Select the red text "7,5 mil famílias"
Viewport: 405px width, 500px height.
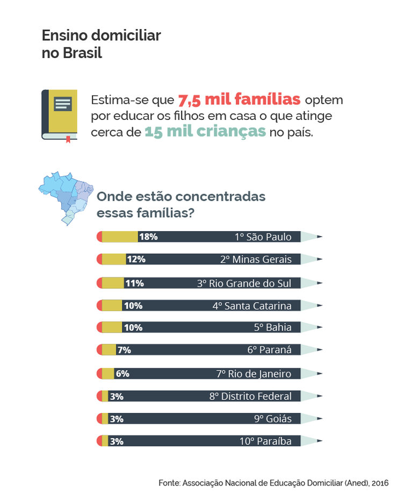click(x=239, y=99)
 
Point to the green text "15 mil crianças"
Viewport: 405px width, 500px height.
click(x=205, y=132)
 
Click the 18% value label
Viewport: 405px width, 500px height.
click(x=148, y=237)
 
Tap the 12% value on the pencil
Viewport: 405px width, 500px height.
click(x=136, y=259)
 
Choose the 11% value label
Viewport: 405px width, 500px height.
click(x=134, y=283)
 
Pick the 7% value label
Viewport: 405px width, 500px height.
click(x=124, y=350)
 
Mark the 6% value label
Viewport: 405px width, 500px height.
click(x=122, y=374)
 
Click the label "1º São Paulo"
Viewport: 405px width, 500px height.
click(x=263, y=237)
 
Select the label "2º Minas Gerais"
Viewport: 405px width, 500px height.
click(x=256, y=259)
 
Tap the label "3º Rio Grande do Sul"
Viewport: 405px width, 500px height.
click(x=244, y=283)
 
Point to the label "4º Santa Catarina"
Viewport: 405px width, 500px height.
click(x=252, y=306)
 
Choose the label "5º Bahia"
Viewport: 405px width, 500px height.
click(x=273, y=327)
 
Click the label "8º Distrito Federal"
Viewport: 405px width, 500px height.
click(x=250, y=396)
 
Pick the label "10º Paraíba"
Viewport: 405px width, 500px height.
click(x=265, y=441)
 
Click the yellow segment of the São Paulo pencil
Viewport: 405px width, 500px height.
click(x=120, y=237)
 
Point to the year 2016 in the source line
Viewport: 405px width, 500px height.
click(x=379, y=483)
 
